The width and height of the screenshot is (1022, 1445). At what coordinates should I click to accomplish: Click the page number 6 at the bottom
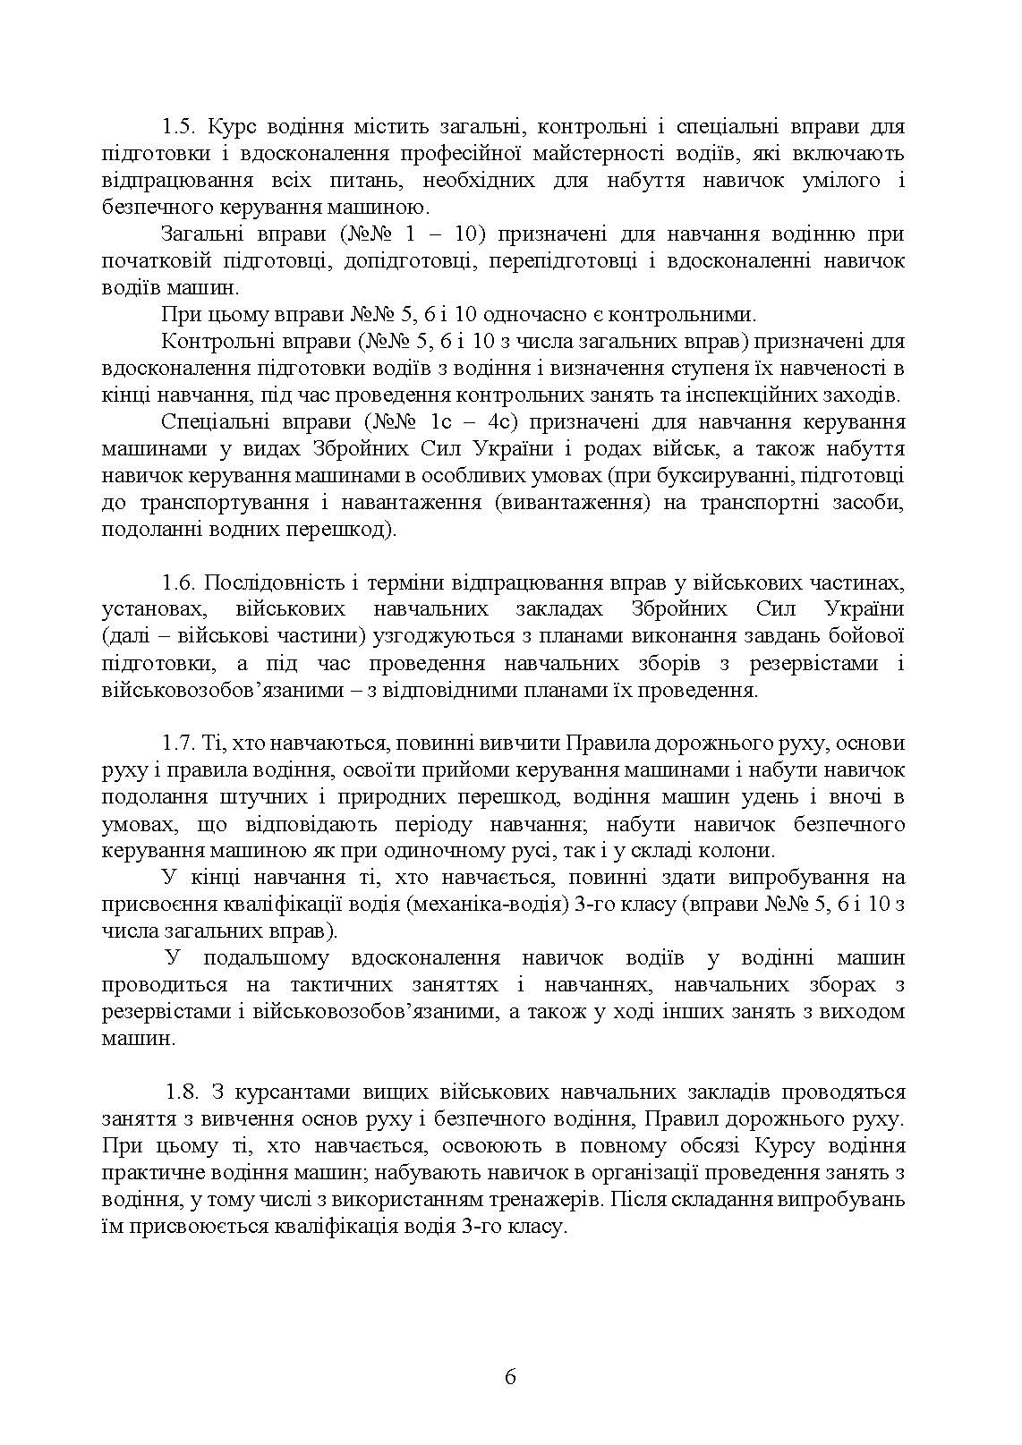coord(510,1377)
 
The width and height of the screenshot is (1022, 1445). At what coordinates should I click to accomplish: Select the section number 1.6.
coord(178,582)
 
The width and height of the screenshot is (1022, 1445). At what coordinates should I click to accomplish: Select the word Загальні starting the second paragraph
coord(200,234)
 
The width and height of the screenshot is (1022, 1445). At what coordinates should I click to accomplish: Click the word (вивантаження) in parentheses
coord(571,502)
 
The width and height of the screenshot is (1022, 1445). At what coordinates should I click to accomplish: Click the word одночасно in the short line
coord(539,314)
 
